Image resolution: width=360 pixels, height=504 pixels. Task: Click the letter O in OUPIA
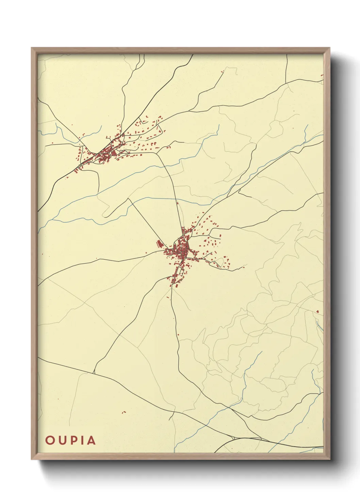pyautogui.click(x=50, y=440)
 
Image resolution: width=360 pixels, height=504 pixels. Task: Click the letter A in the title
pyautogui.click(x=91, y=440)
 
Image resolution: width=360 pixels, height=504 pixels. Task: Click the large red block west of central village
pyautogui.click(x=159, y=244)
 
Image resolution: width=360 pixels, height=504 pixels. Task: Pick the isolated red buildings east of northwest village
pyautogui.click(x=168, y=147)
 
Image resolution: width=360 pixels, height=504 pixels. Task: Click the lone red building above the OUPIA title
pyautogui.click(x=124, y=412)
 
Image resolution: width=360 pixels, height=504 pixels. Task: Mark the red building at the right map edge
pyautogui.click(x=317, y=311)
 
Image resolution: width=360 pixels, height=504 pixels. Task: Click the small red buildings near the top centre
pyautogui.click(x=223, y=72)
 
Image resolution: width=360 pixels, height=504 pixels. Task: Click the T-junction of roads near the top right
pyautogui.click(x=287, y=82)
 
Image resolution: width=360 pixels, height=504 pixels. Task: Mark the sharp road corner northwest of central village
pyautogui.click(x=128, y=199)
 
